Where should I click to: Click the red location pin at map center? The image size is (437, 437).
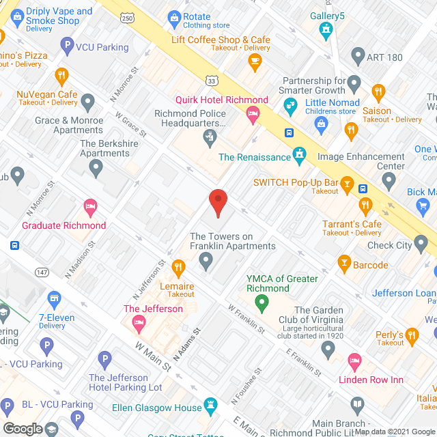coord(217,202)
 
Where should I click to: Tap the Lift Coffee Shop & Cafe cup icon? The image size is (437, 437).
coord(255,61)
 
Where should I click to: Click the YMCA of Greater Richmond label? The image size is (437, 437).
coord(282,283)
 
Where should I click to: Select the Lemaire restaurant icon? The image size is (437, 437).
coord(178,266)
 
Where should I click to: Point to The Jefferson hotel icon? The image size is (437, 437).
coord(139,322)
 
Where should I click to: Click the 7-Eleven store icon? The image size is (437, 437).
coord(54,297)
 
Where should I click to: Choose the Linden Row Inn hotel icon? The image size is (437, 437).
coord(354,360)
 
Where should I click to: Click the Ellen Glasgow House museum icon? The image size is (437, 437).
coord(212,404)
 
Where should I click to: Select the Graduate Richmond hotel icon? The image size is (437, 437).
coord(89,206)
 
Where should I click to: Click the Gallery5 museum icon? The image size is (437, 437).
coord(326,29)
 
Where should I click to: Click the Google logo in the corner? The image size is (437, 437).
coord(22,428)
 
